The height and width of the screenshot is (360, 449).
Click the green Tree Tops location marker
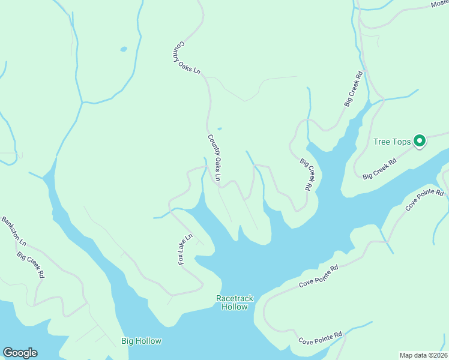(420, 142)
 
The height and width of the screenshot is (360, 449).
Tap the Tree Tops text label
(392, 142)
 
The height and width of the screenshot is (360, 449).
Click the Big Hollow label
(141, 341)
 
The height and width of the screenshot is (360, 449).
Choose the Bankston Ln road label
(14, 231)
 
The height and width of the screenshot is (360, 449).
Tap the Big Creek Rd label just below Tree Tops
(380, 169)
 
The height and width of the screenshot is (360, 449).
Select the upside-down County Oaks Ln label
(187, 58)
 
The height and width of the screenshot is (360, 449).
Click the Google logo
(20, 353)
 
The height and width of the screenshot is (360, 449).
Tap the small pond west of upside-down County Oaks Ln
(123, 49)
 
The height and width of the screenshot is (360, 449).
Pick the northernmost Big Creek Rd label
(354, 89)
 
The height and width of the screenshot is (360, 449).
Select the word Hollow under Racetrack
(234, 307)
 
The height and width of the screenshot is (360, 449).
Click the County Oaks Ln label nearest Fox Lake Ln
(214, 157)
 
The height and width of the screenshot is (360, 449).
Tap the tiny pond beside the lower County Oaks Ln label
(219, 128)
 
